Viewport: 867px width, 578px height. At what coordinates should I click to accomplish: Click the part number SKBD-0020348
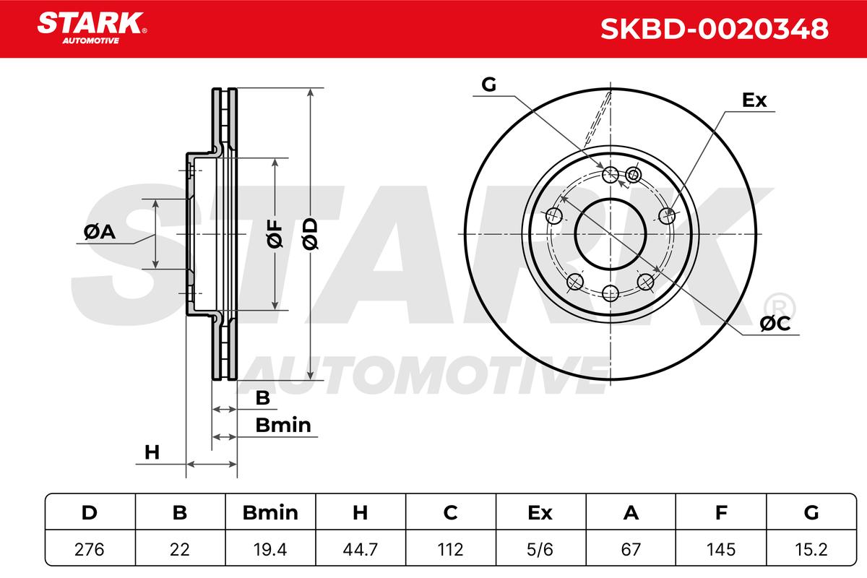click(x=714, y=29)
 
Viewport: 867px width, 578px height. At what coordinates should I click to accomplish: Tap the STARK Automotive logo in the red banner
click(x=92, y=28)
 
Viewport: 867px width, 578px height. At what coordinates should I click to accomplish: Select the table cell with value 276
click(x=90, y=549)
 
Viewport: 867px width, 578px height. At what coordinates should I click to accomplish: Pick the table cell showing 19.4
click(x=270, y=549)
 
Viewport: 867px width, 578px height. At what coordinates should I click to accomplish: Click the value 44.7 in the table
click(x=361, y=549)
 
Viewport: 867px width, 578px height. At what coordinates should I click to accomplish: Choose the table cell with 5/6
click(x=540, y=549)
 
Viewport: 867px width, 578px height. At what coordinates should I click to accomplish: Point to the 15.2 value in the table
click(x=811, y=549)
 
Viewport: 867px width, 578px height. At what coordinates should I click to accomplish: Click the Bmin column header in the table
click(x=270, y=512)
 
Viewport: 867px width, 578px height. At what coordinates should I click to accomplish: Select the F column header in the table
click(x=721, y=512)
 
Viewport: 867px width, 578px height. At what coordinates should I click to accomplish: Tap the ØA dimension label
click(x=100, y=232)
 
